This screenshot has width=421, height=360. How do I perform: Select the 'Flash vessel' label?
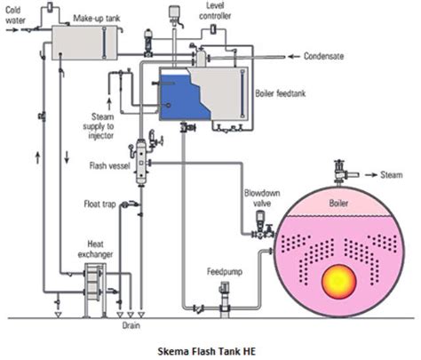point(107,166)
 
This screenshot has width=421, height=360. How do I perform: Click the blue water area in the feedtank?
point(178,98)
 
